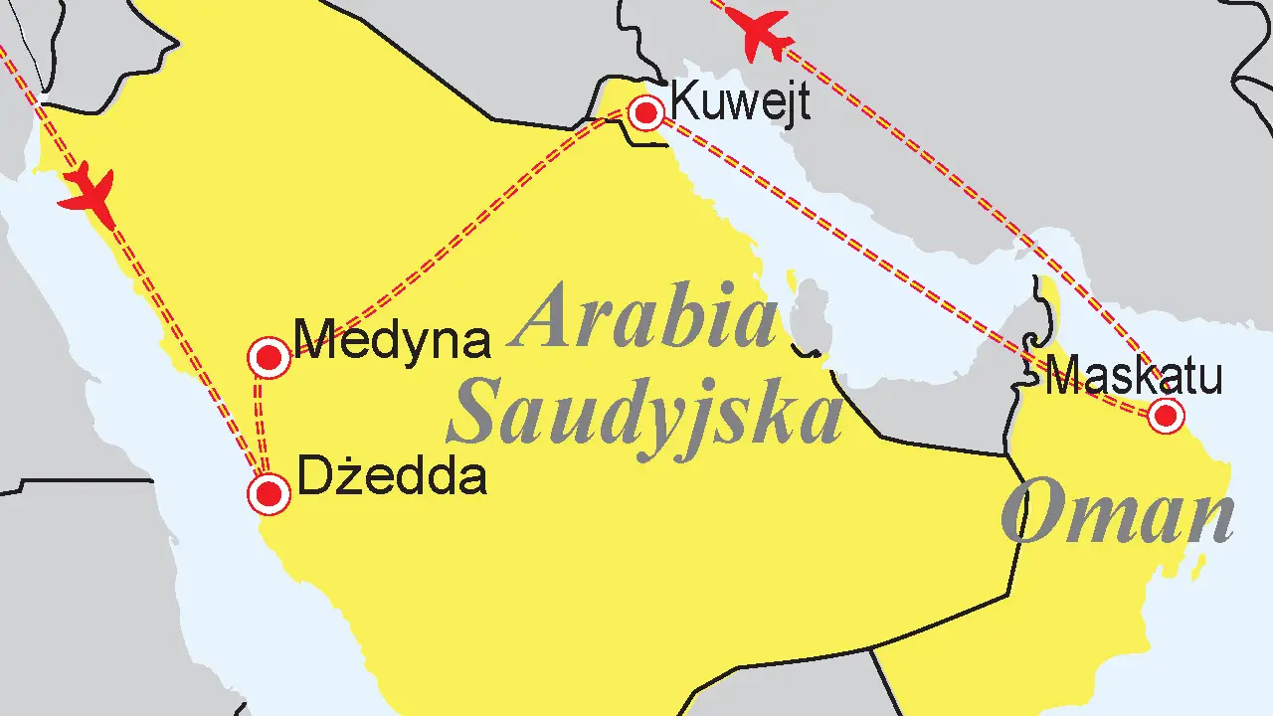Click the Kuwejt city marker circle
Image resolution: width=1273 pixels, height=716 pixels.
[646, 112]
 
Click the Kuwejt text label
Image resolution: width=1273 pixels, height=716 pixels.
[740, 100]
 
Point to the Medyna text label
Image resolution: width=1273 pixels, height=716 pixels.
[394, 340]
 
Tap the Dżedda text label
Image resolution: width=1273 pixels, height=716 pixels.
[392, 477]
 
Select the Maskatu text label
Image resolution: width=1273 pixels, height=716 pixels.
[1134, 378]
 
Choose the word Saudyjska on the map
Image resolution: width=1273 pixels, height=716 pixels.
[644, 414]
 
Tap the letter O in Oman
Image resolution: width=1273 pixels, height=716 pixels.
[1030, 515]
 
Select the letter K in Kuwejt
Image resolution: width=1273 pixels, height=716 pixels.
[684, 100]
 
